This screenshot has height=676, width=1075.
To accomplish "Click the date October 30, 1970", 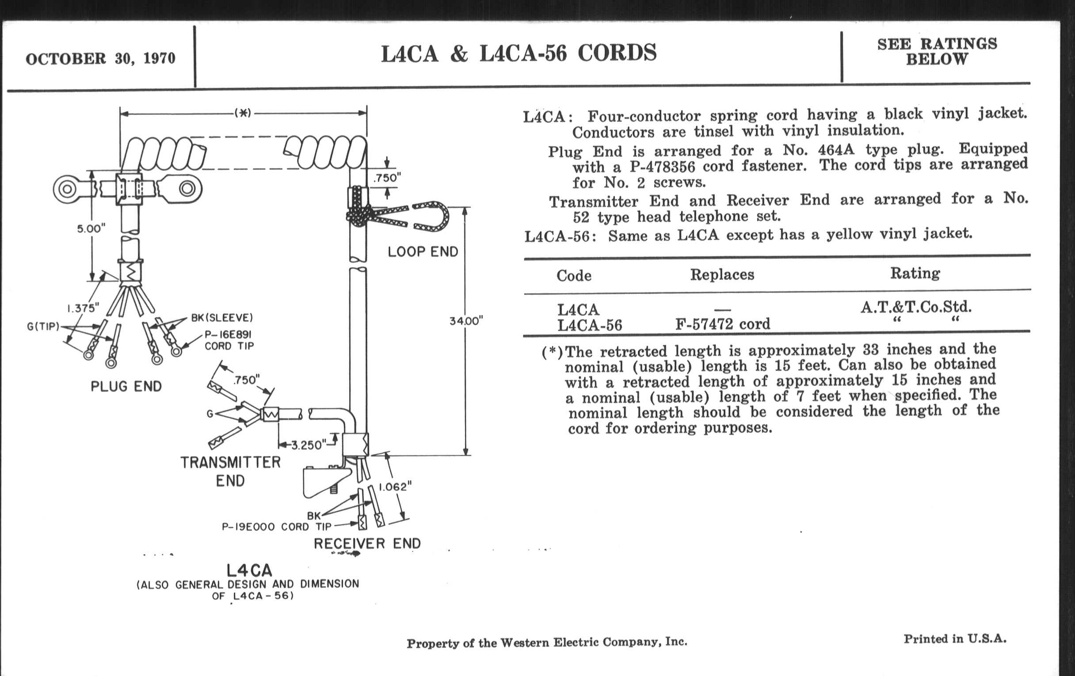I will [x=100, y=58].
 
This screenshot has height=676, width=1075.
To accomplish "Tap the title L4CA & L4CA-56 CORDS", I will [x=518, y=53].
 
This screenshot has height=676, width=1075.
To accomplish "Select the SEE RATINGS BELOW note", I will [x=937, y=51].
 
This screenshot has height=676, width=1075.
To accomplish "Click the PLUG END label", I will [x=126, y=387].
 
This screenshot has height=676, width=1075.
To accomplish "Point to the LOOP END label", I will [x=423, y=252].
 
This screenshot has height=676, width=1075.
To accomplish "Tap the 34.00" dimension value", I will [x=466, y=321].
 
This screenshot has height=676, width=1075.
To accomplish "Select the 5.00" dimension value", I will [x=91, y=229].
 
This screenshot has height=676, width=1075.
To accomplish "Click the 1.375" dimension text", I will [x=83, y=308].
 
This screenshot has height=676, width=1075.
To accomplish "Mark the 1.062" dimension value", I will [x=395, y=487].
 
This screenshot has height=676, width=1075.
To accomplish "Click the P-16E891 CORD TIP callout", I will [x=229, y=341].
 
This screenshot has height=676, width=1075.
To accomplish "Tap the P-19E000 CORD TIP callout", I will [x=276, y=527].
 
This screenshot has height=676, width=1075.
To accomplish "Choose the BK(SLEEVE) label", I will [x=222, y=318].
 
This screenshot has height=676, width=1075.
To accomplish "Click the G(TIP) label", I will [x=43, y=327].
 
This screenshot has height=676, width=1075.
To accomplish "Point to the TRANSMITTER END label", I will [x=230, y=471].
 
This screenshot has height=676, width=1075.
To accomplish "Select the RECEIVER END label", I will [x=367, y=543].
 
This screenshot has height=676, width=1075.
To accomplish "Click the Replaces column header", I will [x=722, y=274].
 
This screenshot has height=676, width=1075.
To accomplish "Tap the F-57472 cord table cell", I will [x=722, y=324].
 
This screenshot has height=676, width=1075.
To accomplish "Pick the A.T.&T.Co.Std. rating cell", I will [x=915, y=307].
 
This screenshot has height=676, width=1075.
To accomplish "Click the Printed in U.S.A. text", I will [x=955, y=639].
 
